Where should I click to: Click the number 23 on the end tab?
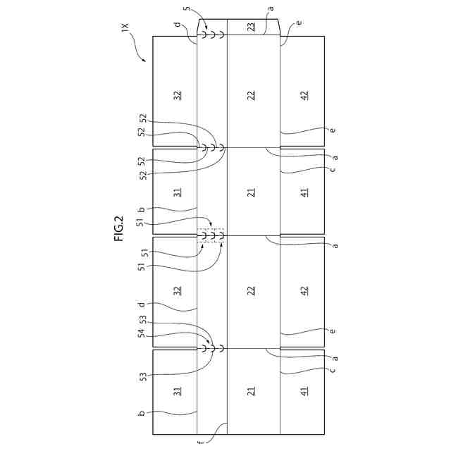pyautogui.click(x=252, y=27)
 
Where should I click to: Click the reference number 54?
pyautogui.click(x=142, y=335)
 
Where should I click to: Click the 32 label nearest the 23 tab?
pyautogui.click(x=178, y=94)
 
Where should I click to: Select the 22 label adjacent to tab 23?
pyautogui.click(x=252, y=94)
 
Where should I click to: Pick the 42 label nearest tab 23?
pyautogui.click(x=304, y=94)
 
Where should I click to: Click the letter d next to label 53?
pyautogui.click(x=142, y=305)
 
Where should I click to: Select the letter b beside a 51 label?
pyautogui.click(x=142, y=209)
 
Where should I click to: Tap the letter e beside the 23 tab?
pyautogui.click(x=299, y=23)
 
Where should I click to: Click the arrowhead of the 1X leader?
pyautogui.click(x=146, y=61)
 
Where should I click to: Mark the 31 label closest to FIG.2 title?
pyautogui.click(x=178, y=191)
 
